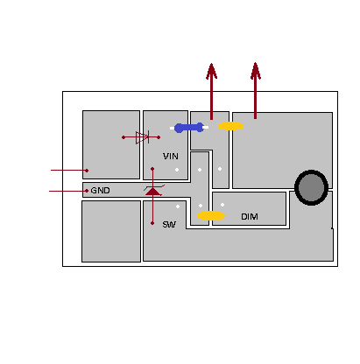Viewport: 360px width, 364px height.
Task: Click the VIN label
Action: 171,157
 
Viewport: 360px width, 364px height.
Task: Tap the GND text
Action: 100,191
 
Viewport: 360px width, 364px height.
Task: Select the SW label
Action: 169,224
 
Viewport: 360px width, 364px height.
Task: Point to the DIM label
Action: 250,217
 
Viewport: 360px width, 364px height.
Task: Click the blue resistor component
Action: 189,128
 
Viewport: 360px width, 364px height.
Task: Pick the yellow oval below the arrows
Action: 231,126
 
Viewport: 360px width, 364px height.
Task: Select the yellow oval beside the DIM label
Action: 211,215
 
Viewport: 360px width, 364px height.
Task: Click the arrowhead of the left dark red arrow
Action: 211,71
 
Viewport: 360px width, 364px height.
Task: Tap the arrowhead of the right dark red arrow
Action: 256,71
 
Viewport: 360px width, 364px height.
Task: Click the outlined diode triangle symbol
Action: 142,137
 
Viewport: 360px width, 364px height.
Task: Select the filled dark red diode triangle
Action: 152,191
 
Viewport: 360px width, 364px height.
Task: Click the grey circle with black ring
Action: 311,188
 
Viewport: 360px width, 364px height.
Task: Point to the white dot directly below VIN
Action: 177,170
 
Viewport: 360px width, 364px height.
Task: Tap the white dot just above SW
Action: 178,206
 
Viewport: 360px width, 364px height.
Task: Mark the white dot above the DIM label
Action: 222,205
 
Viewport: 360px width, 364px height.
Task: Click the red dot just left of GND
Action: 87,191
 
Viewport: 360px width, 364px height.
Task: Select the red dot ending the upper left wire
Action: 87,171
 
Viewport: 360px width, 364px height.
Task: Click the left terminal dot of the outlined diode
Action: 124,137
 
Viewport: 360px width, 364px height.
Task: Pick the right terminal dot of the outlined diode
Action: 159,137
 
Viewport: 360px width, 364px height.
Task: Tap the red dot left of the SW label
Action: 152,223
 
